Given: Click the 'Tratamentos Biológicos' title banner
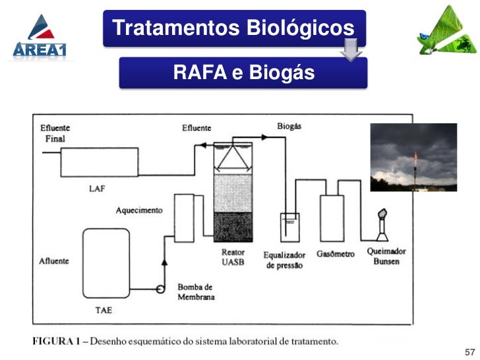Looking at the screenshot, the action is [233, 28].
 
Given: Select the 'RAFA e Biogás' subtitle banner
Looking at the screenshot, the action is [243, 73].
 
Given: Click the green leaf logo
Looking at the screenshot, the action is [446, 33].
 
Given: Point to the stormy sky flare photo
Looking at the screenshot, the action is [413, 157].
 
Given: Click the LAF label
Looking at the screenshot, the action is [96, 189].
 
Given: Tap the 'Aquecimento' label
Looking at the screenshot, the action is [139, 210].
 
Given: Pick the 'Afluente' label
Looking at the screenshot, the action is [54, 261].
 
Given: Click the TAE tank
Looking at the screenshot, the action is [109, 263].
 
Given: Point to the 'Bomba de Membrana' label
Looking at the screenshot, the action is [195, 292].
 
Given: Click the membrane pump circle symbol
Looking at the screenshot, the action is [160, 289].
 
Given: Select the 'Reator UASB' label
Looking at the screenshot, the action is [233, 257].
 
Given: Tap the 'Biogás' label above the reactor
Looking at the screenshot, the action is [289, 126].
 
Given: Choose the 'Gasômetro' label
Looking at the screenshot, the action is [335, 254].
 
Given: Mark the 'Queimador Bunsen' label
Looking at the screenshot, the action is [386, 256].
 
